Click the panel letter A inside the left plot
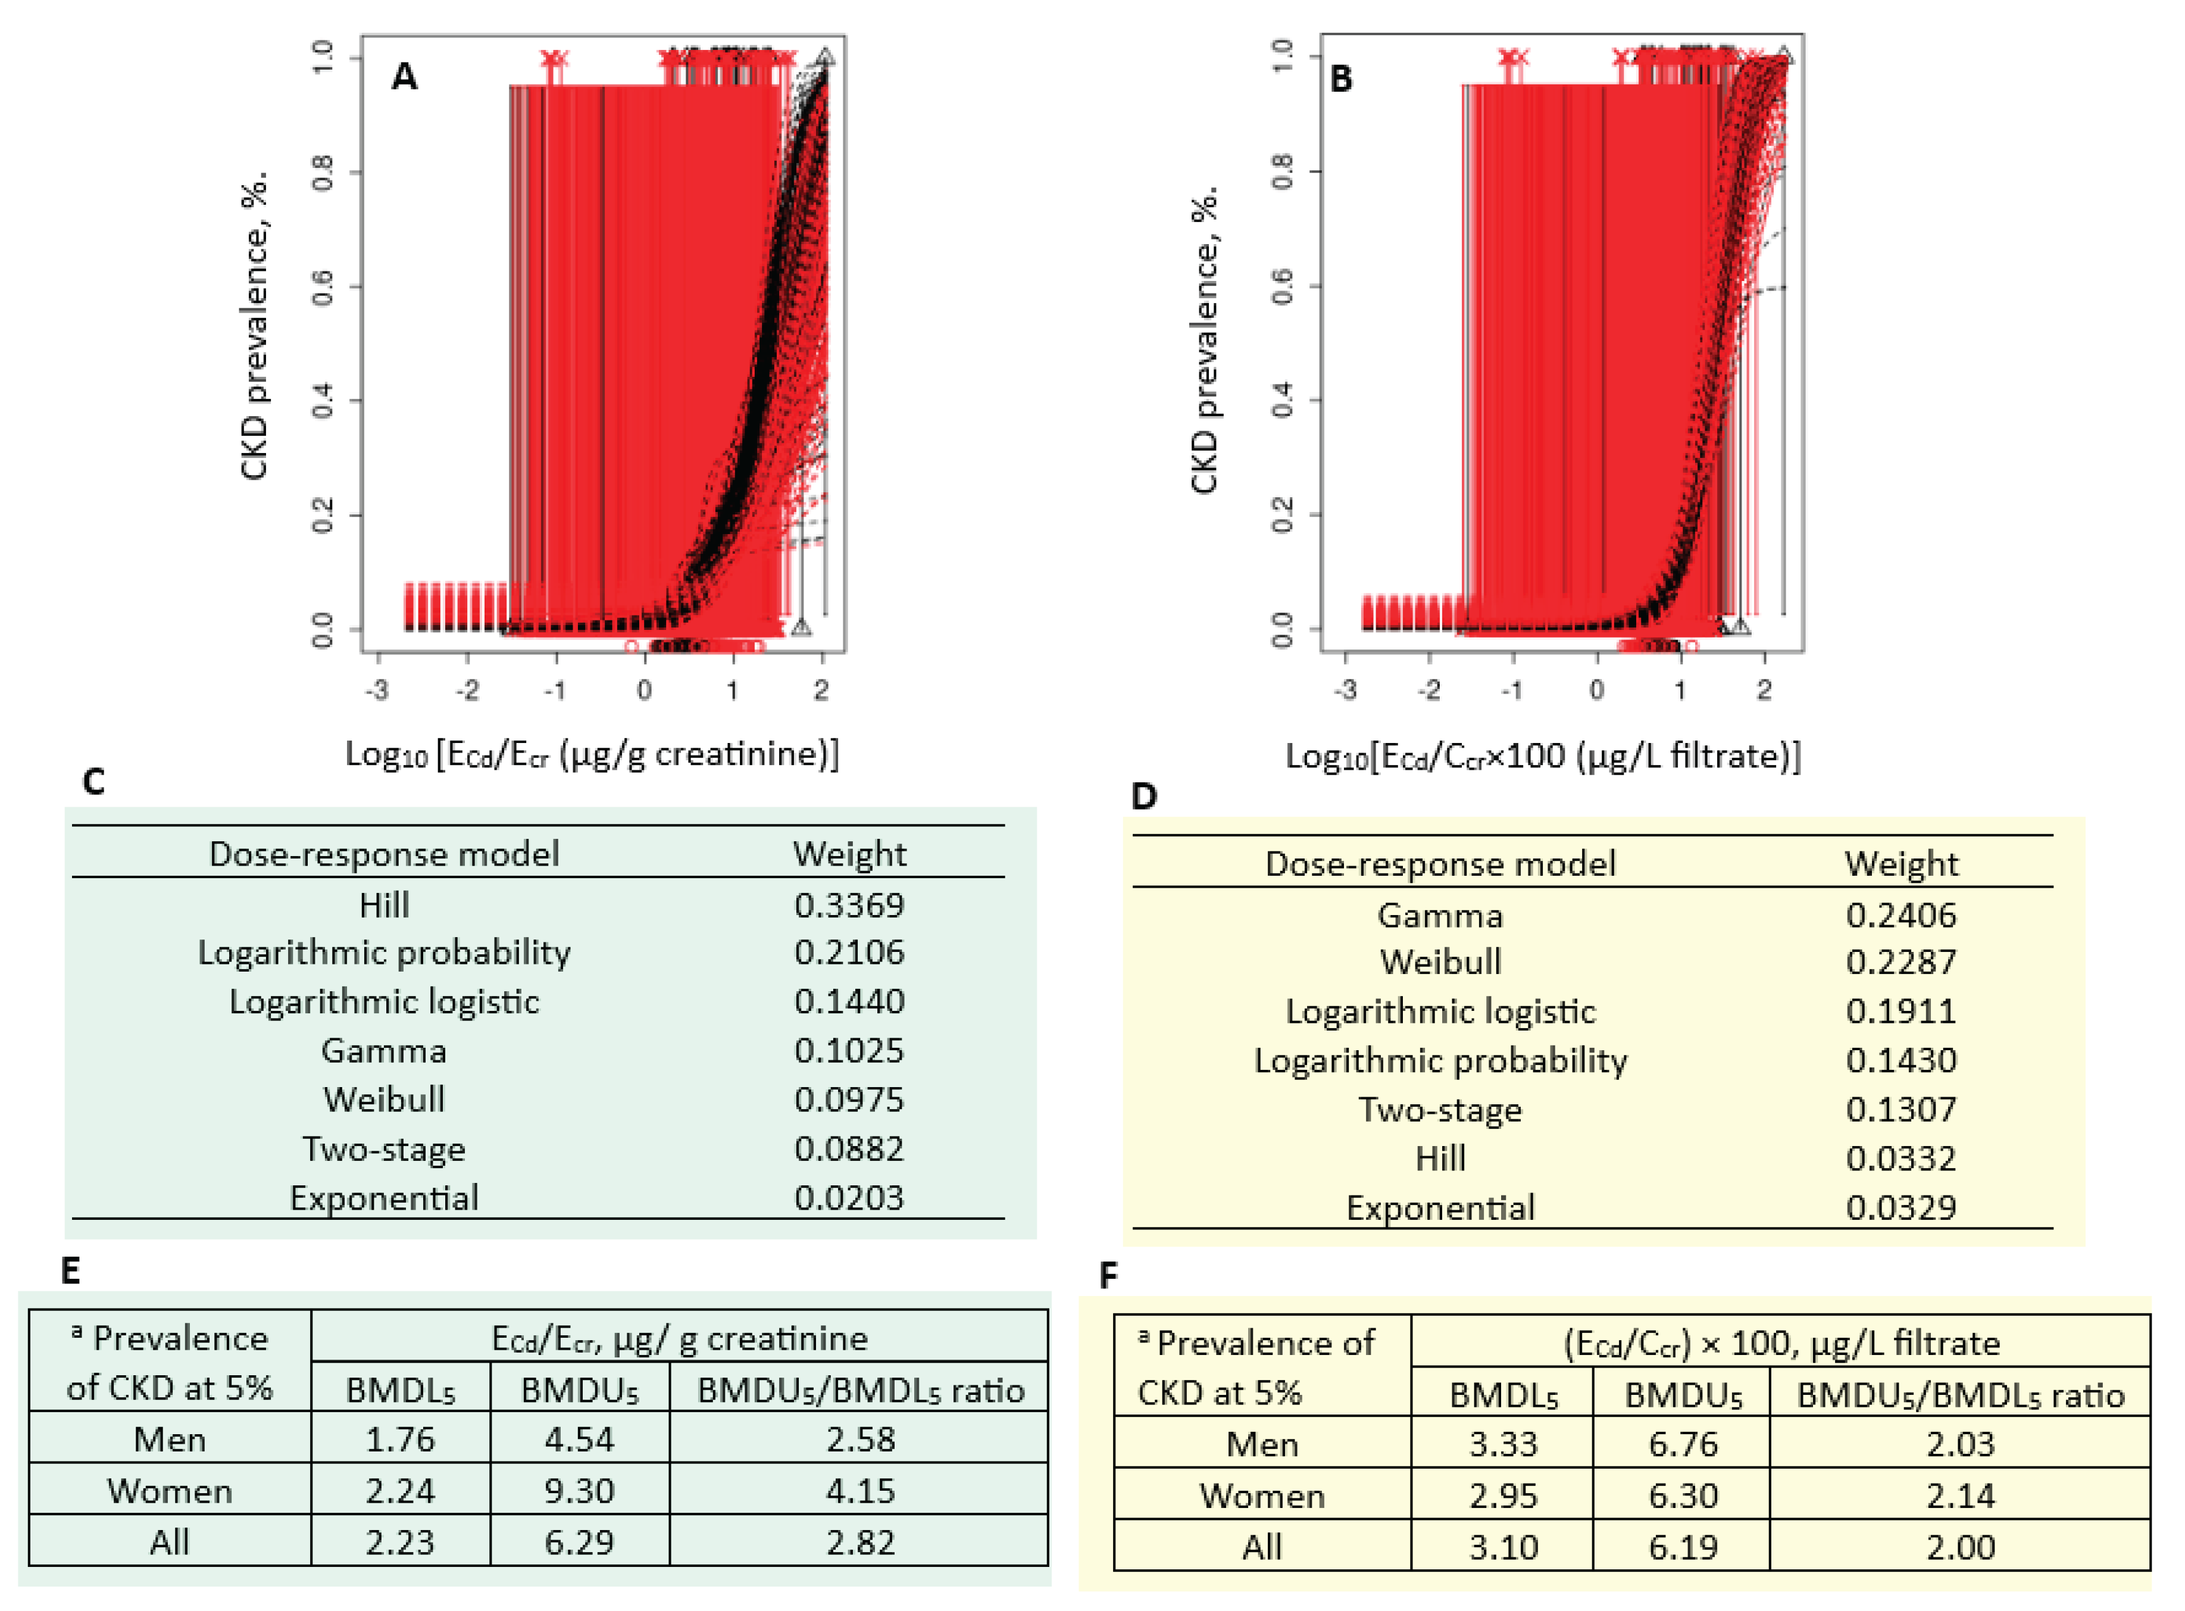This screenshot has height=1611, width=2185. pyautogui.click(x=404, y=76)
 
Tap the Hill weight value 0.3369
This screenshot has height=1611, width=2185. pyautogui.click(x=848, y=905)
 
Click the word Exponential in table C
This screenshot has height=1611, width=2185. pyautogui.click(x=383, y=1197)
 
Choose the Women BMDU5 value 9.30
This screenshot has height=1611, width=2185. pyautogui.click(x=579, y=1490)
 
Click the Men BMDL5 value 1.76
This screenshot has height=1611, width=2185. pyautogui.click(x=400, y=1440)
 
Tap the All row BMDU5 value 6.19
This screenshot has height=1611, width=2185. pyautogui.click(x=1682, y=1547)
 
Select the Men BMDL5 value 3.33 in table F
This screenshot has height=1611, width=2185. pyautogui.click(x=1502, y=1443)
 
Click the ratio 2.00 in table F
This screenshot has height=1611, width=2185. pyautogui.click(x=1960, y=1547)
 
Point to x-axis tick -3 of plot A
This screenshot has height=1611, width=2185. pyautogui.click(x=377, y=691)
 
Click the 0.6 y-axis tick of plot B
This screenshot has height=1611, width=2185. pyautogui.click(x=1283, y=286)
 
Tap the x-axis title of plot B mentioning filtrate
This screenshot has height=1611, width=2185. pyautogui.click(x=1542, y=755)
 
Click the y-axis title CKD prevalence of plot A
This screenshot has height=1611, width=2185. pyautogui.click(x=254, y=327)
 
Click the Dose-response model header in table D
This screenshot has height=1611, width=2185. pyautogui.click(x=1439, y=864)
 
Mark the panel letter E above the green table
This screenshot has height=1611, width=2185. pyautogui.click(x=70, y=1270)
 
